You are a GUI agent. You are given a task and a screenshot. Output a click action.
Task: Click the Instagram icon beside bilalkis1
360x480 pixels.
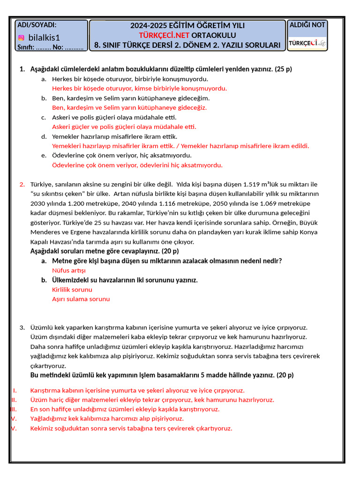click(21, 37)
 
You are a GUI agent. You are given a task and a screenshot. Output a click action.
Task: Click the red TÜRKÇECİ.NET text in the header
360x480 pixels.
click(165, 35)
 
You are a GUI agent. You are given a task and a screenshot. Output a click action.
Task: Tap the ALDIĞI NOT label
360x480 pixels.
click(307, 25)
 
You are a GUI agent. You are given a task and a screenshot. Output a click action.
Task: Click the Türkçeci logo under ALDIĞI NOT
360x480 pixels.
click(307, 43)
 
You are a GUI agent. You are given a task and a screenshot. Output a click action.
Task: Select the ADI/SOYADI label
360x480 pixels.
click(37, 25)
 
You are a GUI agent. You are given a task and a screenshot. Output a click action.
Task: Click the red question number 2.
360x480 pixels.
click(22, 184)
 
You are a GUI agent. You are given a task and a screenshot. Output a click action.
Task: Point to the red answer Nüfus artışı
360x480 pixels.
click(69, 270)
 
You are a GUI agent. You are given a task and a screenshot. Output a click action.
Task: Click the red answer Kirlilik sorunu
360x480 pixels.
click(72, 290)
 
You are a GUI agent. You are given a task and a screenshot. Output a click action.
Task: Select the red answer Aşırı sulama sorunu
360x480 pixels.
click(81, 299)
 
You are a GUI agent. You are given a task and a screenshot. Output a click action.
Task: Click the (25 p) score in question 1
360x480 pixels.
click(283, 69)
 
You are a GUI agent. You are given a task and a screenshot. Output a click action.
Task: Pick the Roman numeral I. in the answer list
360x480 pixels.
click(15, 390)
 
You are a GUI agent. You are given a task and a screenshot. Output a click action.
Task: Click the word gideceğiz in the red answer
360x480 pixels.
click(190, 107)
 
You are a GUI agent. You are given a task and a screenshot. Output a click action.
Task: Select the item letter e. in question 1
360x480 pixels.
click(44, 155)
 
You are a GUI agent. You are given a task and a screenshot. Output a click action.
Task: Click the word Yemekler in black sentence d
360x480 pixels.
click(65, 136)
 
